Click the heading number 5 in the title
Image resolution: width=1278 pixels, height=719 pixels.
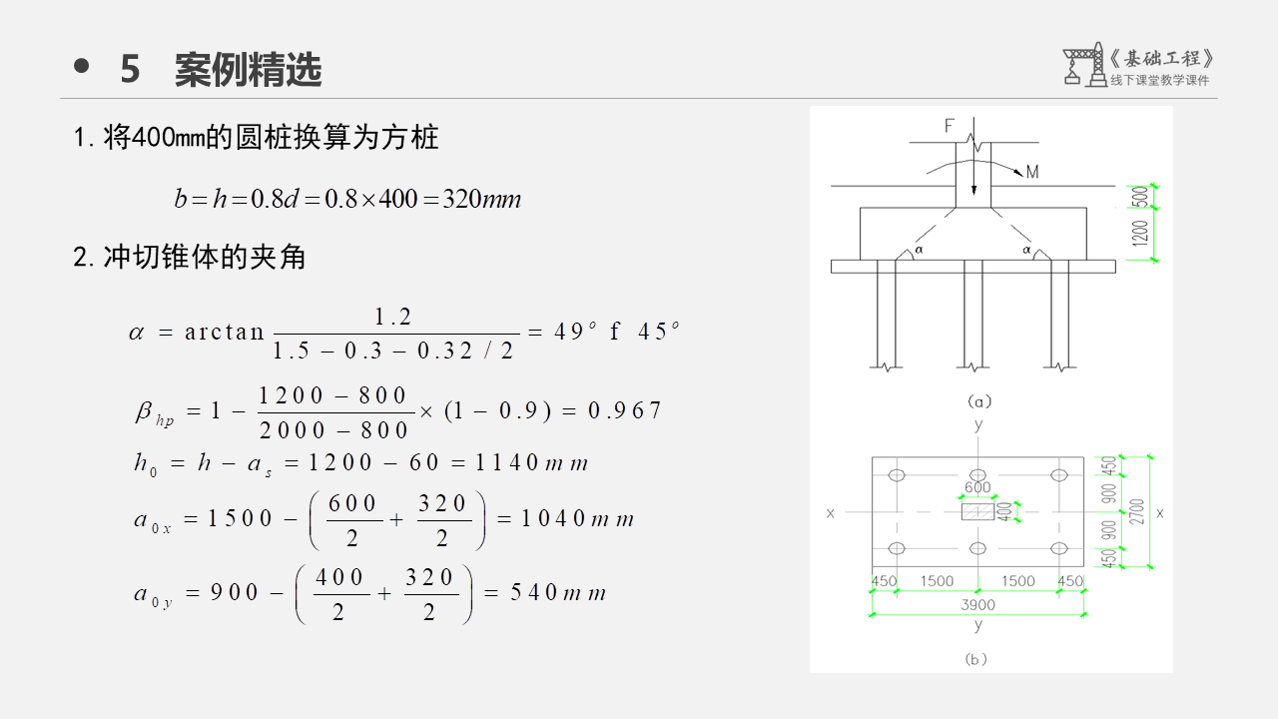point(131,70)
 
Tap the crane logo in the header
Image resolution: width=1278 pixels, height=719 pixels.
point(1083,66)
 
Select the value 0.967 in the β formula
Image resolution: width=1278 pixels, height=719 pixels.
point(625,410)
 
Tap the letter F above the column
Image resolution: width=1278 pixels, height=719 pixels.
point(950,126)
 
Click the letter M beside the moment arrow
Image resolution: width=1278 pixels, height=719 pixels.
point(1031,173)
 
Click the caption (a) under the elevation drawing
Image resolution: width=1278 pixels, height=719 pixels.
point(978,401)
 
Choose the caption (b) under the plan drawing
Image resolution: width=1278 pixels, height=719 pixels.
point(976,659)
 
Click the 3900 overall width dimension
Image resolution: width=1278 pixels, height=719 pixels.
point(977,604)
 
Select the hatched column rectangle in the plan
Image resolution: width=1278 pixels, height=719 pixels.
point(977,511)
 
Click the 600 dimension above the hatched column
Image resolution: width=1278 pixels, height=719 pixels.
point(977,488)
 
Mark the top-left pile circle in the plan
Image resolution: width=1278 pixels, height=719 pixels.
point(897,475)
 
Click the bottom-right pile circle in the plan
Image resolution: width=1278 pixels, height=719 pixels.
point(1059,548)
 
